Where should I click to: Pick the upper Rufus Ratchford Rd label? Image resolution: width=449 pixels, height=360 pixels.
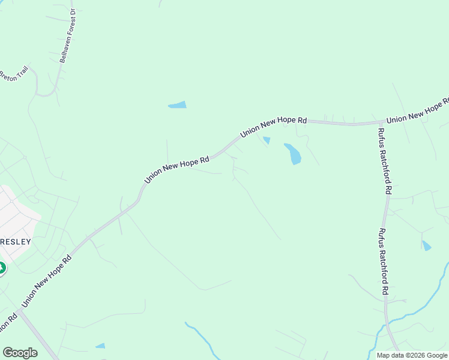click(384, 160)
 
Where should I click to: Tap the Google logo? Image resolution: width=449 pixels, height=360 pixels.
click(20, 353)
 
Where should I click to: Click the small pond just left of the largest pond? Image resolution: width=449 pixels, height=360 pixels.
click(267, 140)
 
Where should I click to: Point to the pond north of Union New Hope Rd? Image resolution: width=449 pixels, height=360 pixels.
click(178, 105)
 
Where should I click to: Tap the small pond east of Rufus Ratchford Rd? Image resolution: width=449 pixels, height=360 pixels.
click(426, 245)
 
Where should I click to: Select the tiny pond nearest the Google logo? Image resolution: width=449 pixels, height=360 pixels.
click(100, 346)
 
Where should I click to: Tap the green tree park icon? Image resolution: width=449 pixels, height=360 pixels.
click(2, 268)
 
